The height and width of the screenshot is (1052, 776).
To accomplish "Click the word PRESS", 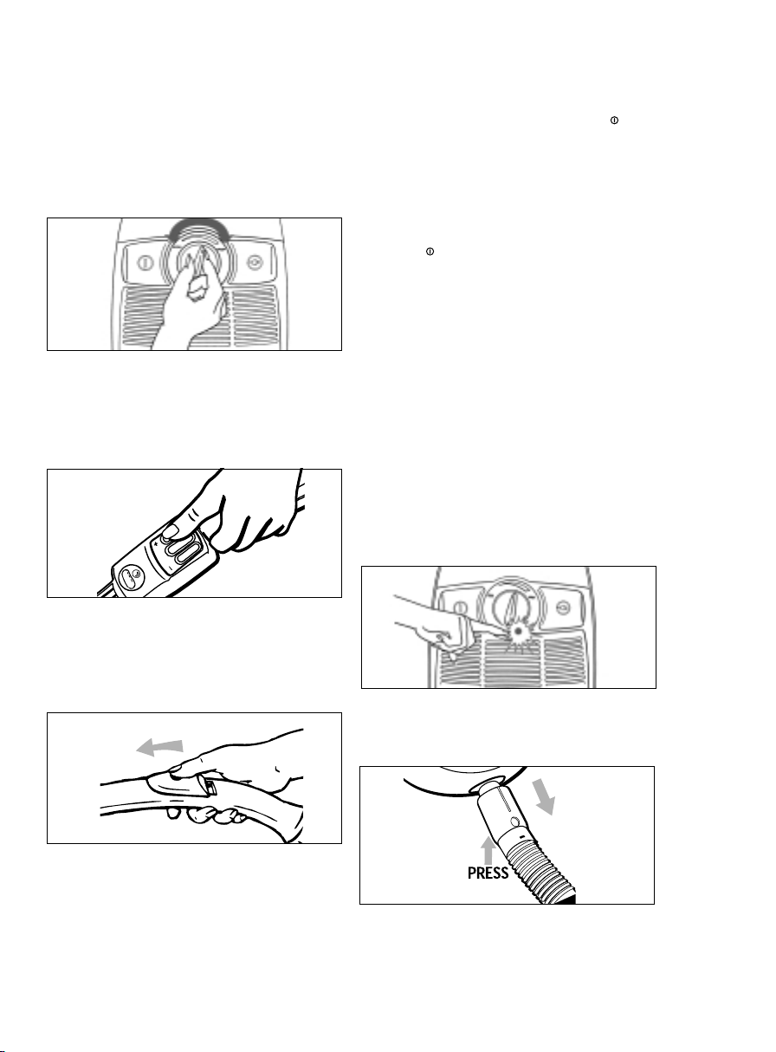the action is coord(488,873).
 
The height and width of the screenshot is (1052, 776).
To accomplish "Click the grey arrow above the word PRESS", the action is coord(488,851).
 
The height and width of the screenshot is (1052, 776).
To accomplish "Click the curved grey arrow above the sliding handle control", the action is coord(160,746).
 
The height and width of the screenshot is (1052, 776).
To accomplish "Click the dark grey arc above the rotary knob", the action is coord(199,226).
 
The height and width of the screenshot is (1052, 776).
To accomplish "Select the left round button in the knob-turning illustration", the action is coord(145,263).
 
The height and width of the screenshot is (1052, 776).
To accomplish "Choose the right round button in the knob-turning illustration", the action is coord(255,263).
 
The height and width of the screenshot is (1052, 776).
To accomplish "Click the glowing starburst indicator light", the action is coord(518,631).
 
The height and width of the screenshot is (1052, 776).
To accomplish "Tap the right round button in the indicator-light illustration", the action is coord(563,607).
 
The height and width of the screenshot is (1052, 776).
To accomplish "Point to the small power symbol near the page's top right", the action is coord(614,120).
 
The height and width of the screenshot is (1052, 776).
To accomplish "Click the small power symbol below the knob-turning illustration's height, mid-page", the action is coord(430,251).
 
